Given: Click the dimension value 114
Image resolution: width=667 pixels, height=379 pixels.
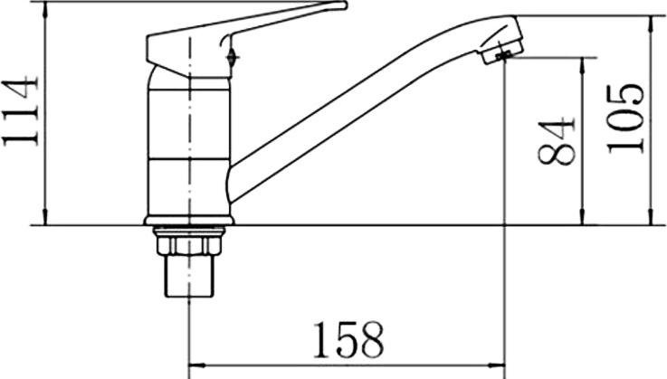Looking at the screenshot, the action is click(x=21, y=110).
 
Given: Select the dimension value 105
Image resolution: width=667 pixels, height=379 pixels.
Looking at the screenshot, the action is click(x=624, y=119).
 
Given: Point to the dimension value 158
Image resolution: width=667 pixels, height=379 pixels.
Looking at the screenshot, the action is click(x=348, y=339).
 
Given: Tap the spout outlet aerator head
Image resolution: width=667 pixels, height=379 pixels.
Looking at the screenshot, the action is click(x=502, y=47).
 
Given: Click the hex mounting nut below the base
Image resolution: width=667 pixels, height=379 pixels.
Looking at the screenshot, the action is click(x=189, y=245).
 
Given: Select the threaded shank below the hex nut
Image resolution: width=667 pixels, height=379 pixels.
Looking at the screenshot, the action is click(x=189, y=276).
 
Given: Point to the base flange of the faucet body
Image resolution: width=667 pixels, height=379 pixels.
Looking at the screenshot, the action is click(x=189, y=221).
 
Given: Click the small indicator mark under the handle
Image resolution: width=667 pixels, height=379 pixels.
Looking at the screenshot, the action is click(x=232, y=57).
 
